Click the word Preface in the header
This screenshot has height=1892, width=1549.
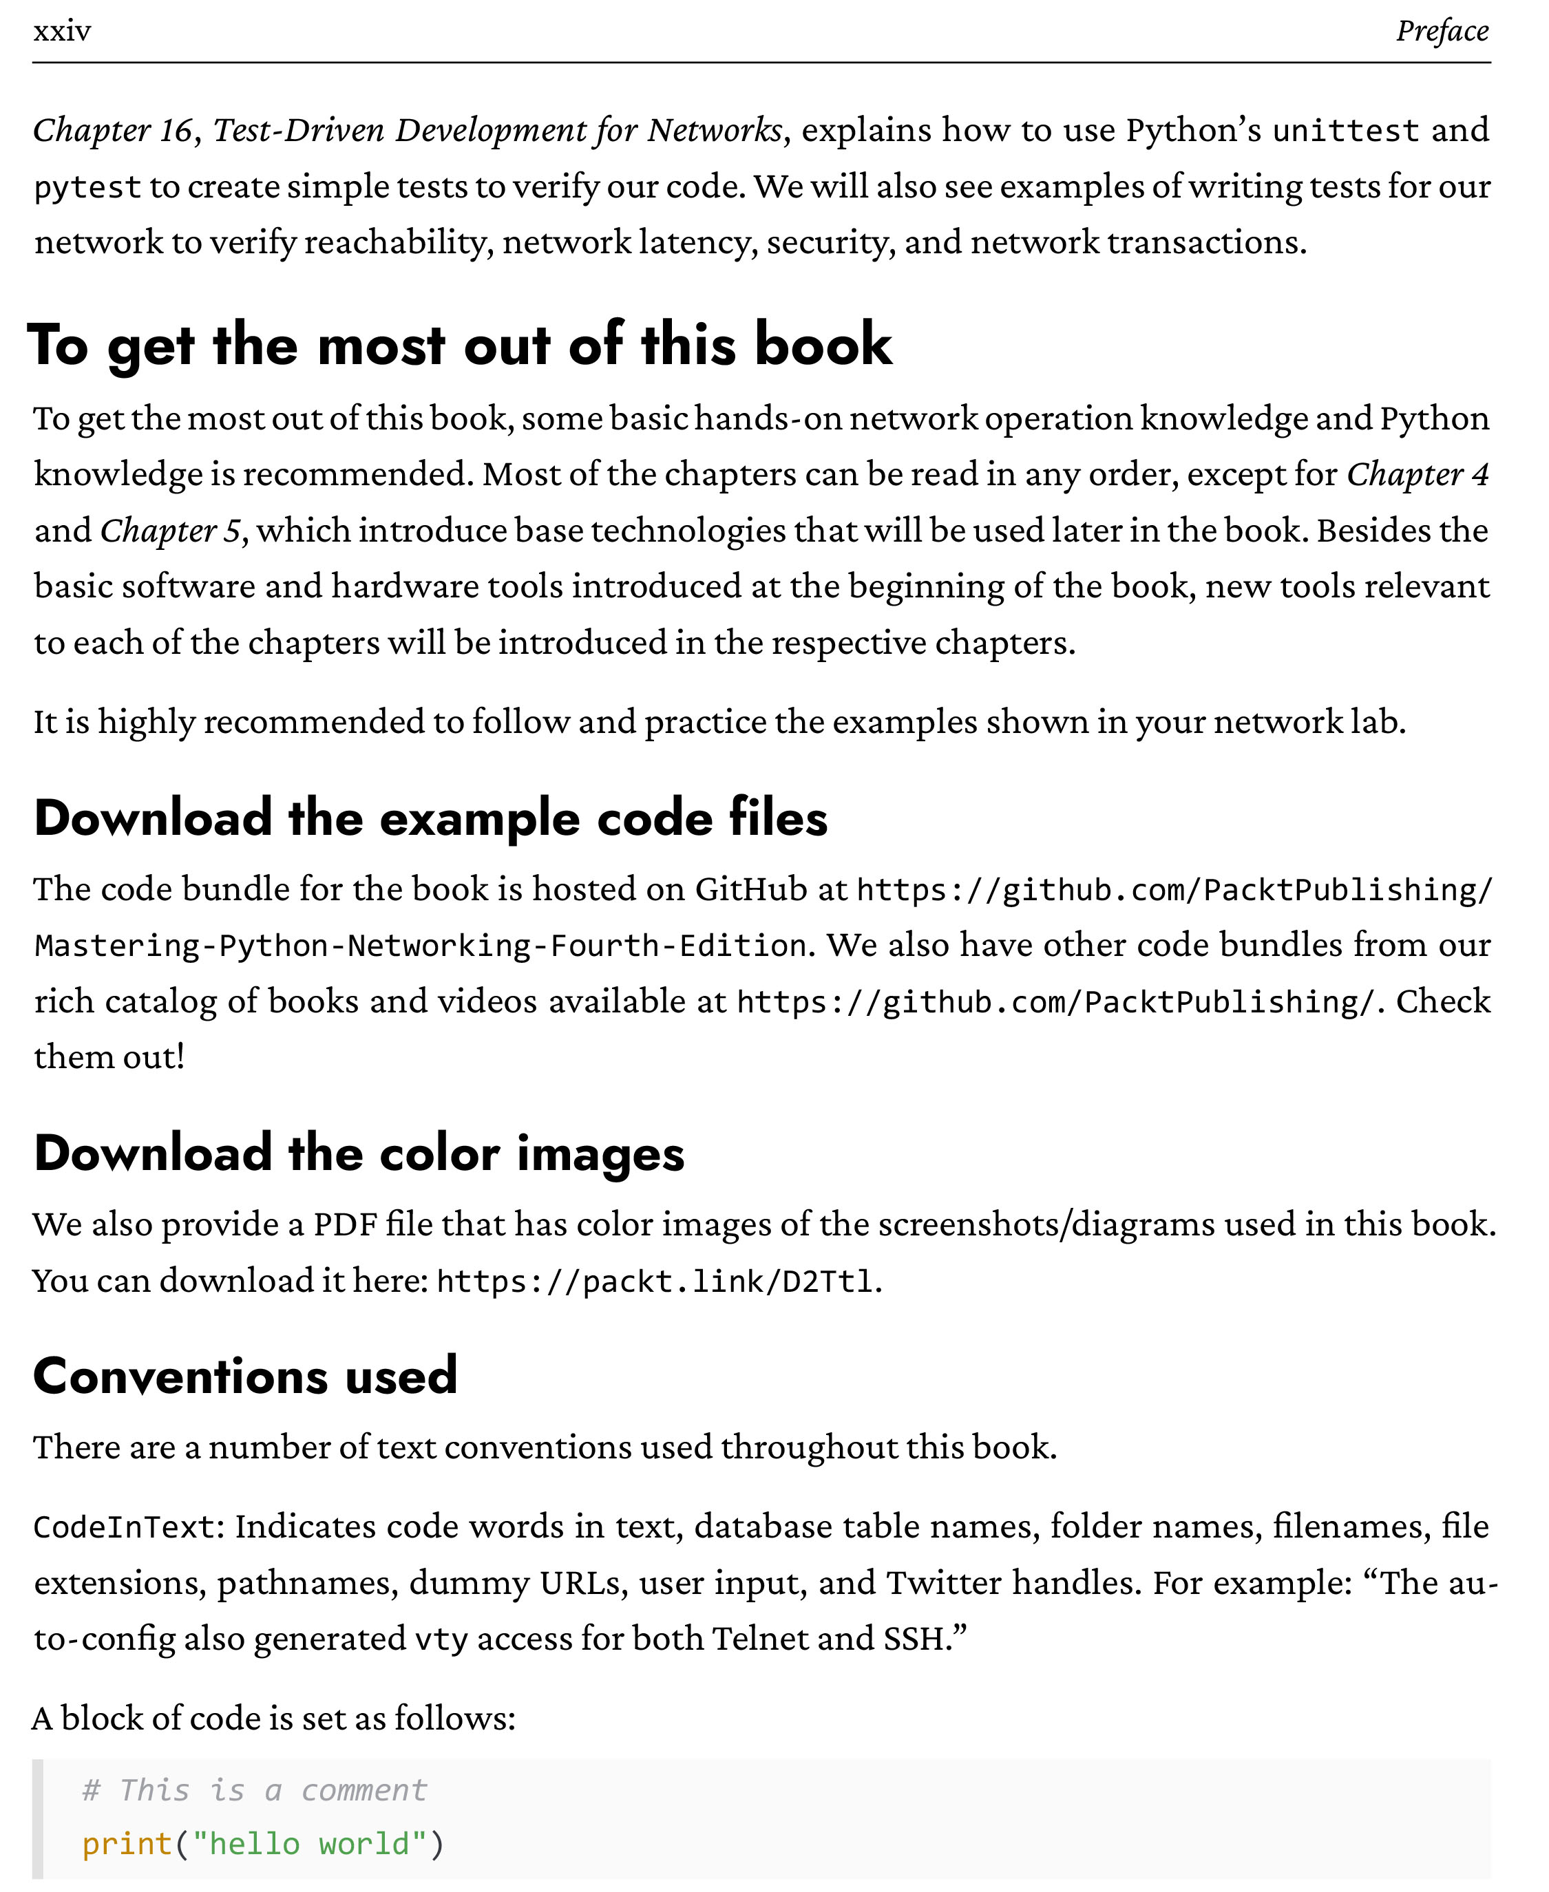point(1442,31)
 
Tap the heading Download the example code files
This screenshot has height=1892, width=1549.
point(430,818)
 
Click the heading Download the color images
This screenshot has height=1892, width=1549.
point(359,1153)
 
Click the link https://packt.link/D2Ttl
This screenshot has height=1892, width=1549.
point(654,1282)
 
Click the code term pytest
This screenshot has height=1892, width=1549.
point(87,187)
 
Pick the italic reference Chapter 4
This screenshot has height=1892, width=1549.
point(1418,475)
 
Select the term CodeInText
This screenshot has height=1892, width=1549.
point(125,1527)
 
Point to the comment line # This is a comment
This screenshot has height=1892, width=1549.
point(254,1789)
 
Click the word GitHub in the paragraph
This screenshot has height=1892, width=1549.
point(750,889)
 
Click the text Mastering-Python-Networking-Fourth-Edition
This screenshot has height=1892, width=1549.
point(420,946)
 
